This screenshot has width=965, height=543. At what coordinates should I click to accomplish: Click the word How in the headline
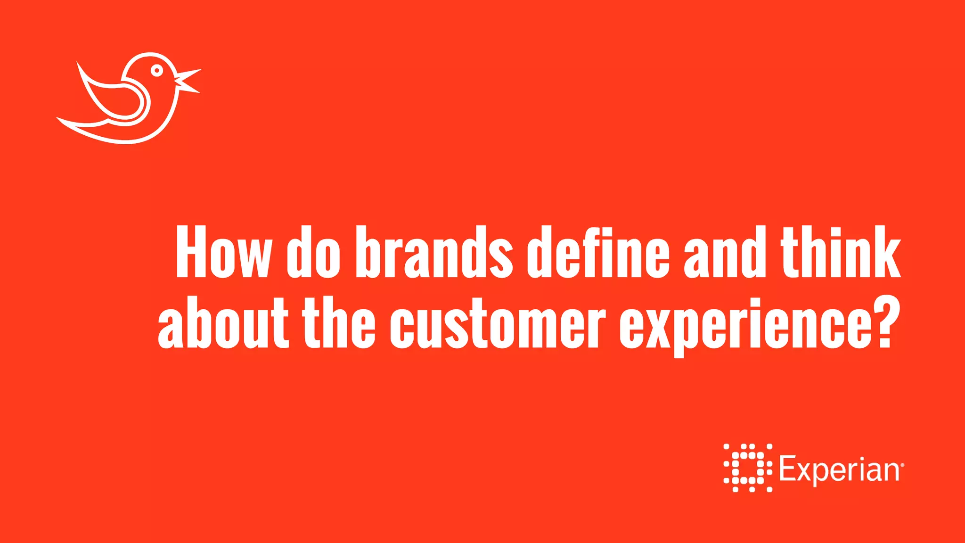pos(224,252)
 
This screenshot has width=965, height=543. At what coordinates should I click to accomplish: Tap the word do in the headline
pos(313,252)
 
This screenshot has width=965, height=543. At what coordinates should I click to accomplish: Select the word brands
pos(434,252)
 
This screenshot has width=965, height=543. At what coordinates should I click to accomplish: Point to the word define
pos(598,252)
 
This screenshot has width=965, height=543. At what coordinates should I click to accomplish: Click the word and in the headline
pos(724,252)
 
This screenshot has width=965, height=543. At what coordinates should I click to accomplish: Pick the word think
pos(841,252)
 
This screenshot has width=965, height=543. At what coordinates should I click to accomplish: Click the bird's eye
pos(157,71)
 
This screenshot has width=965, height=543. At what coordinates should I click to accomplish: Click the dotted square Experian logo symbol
pos(748,468)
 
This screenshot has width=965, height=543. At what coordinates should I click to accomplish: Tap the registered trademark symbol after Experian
pos(902,465)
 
